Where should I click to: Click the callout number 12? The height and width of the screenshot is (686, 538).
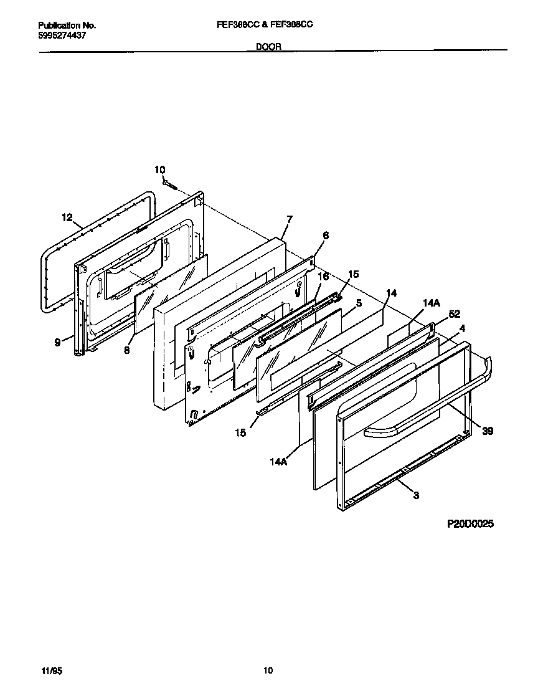click(x=67, y=217)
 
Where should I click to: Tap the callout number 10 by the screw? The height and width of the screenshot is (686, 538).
click(x=160, y=169)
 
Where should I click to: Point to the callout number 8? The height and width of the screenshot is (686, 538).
click(x=126, y=350)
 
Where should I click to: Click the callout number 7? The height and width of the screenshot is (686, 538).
click(x=290, y=219)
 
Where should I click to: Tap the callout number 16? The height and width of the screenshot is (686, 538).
click(x=323, y=276)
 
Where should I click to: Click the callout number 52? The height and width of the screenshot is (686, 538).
click(x=454, y=314)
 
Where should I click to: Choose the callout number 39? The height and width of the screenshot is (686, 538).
click(x=488, y=431)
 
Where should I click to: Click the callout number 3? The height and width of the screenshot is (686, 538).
click(x=416, y=495)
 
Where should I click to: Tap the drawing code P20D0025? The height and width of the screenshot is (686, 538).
click(x=470, y=525)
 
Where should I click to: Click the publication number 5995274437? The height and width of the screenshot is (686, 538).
click(x=62, y=36)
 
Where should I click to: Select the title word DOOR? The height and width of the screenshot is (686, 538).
click(x=268, y=46)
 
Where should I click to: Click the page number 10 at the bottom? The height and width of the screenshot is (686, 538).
click(x=268, y=670)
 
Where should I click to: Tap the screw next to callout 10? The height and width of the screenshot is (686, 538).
click(x=170, y=183)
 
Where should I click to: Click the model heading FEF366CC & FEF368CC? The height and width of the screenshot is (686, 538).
click(x=268, y=25)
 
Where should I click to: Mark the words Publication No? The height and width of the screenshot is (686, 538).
click(x=67, y=26)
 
